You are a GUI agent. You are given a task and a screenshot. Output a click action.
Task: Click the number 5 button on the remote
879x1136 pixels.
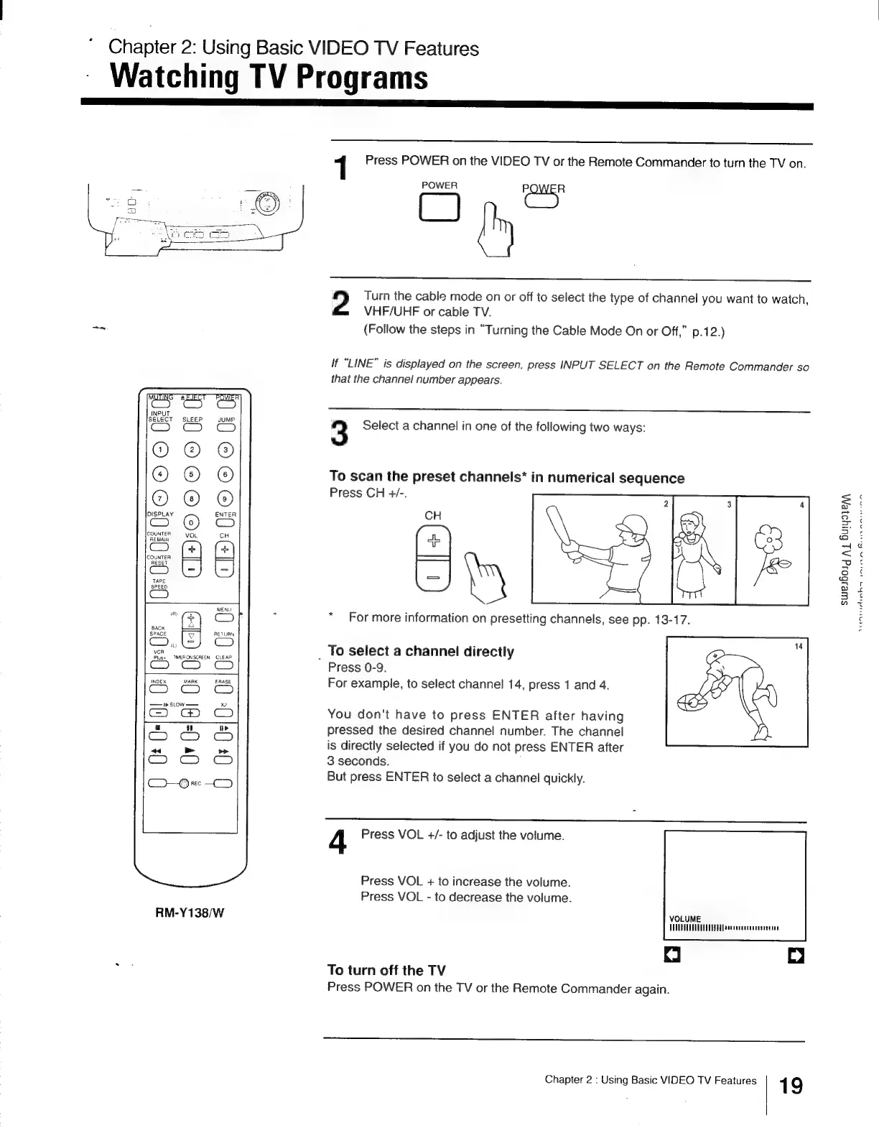(190, 474)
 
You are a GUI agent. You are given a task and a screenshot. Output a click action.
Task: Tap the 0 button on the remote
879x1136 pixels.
(190, 522)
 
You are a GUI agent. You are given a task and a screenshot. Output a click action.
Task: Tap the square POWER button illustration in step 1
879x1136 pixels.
(439, 207)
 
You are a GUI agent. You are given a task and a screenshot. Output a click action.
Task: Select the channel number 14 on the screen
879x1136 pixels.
(798, 646)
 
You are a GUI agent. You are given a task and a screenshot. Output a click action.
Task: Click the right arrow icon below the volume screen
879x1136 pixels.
(796, 956)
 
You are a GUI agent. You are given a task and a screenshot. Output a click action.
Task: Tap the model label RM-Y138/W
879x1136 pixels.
(190, 913)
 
